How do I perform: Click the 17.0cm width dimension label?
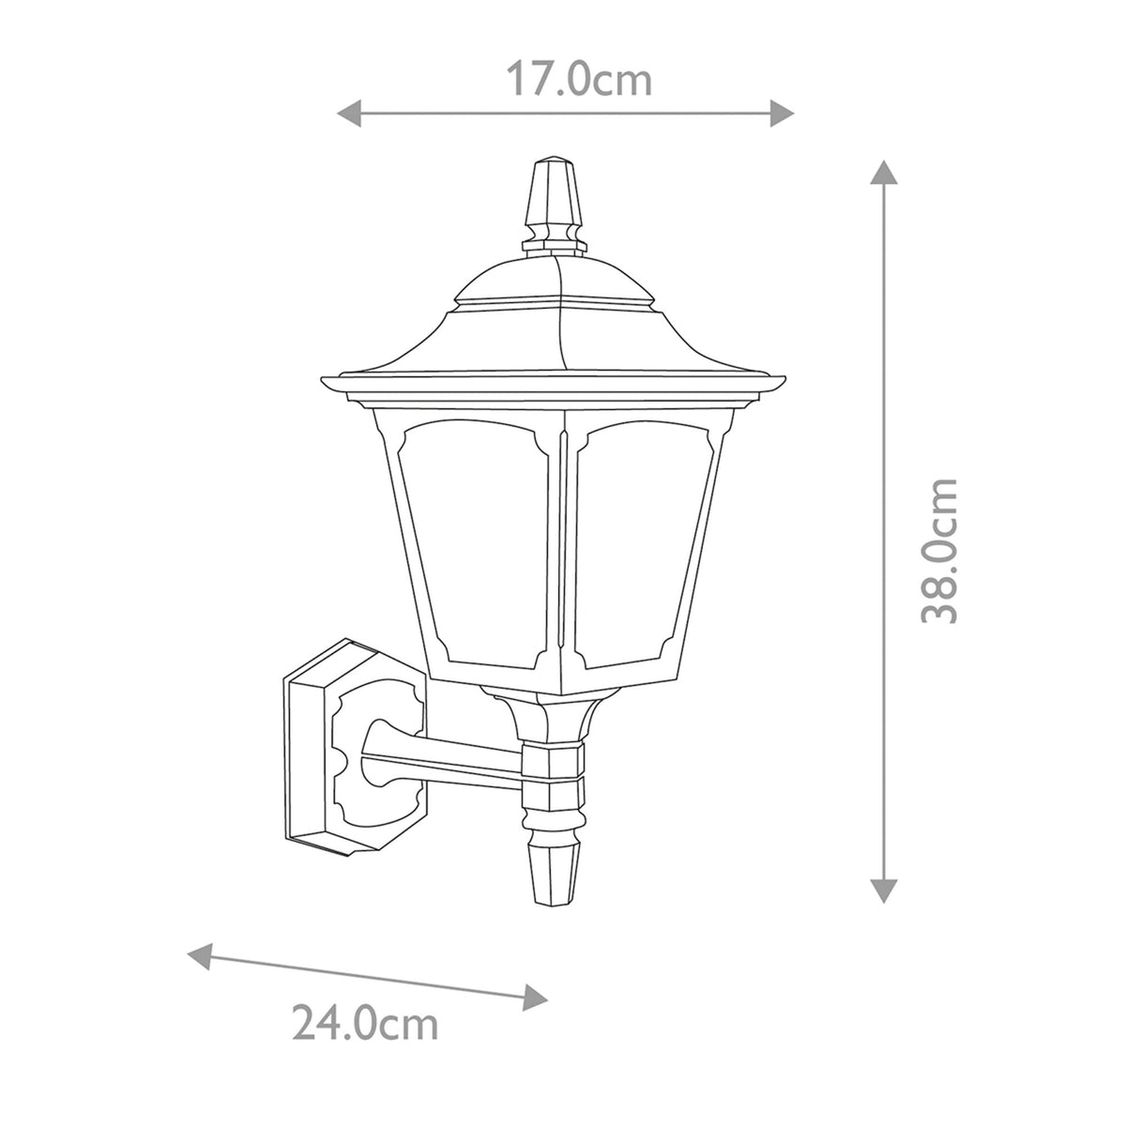click(x=579, y=80)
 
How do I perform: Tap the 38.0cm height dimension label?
click(x=939, y=551)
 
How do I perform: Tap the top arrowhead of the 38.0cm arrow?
click(x=883, y=173)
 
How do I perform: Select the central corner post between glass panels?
click(x=563, y=554)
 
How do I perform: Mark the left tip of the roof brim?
click(x=325, y=383)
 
